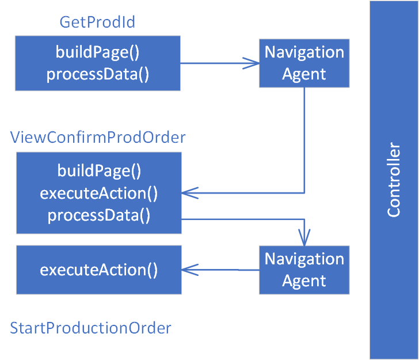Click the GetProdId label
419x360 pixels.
pos(97,22)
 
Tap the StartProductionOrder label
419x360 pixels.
pos(91,328)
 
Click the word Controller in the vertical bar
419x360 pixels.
pos(394,180)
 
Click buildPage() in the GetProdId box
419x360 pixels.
pos(97,52)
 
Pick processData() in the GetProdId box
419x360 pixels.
pos(97,74)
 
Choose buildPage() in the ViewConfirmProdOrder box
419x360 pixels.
pos(99,171)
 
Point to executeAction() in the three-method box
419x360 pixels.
pos(99,193)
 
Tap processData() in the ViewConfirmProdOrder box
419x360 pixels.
pos(99,215)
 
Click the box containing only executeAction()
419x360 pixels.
pos(98,270)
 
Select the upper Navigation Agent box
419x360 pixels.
pos(304,63)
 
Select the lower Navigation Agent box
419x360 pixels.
pos(304,270)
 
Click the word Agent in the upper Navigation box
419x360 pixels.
pos(304,74)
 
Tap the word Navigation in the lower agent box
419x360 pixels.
pos(304,259)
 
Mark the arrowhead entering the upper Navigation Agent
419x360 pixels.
pos(252,63)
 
